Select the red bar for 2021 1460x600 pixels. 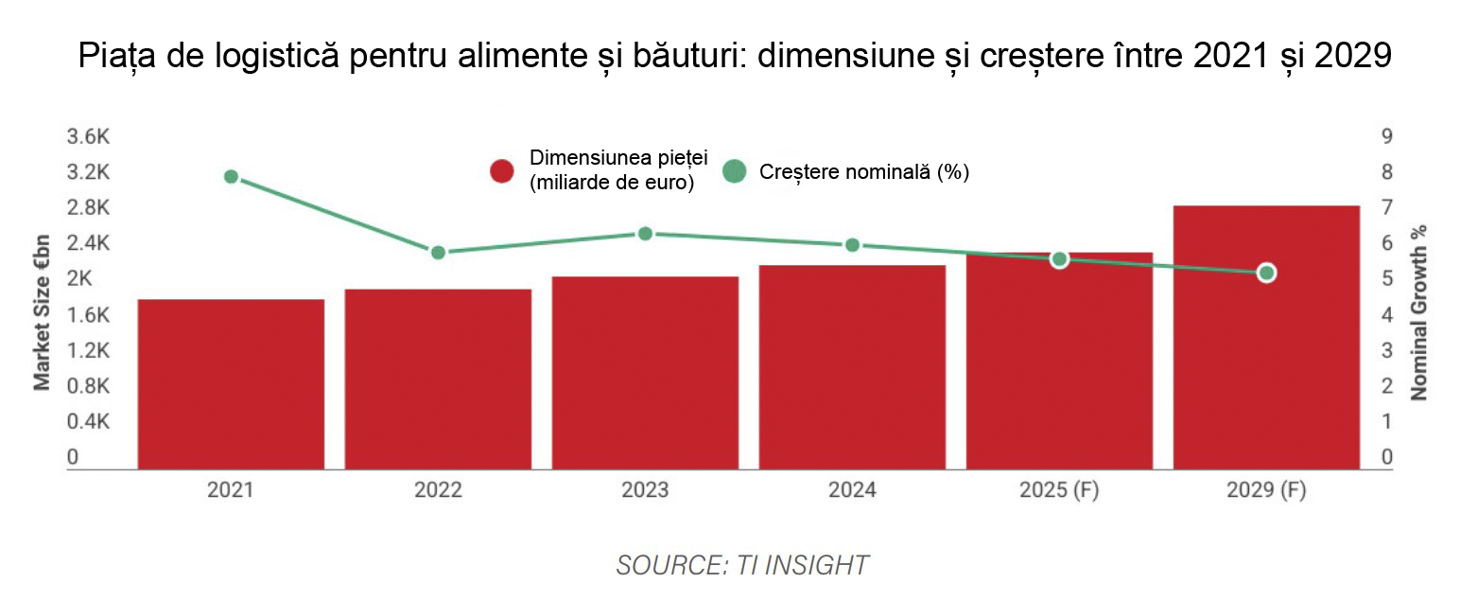[231, 383]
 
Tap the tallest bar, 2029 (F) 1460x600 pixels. [1266, 337]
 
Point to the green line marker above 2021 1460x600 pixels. [231, 177]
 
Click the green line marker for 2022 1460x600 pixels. [438, 253]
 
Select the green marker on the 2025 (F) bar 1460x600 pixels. [1059, 259]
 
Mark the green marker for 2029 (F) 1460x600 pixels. [1266, 273]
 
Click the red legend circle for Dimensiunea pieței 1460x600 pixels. [501, 171]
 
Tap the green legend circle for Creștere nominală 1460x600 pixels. [734, 171]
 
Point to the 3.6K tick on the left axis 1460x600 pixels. [88, 137]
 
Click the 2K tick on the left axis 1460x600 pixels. [79, 279]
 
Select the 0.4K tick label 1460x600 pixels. [88, 422]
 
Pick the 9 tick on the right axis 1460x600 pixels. [1386, 137]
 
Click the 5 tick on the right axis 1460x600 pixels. [1386, 279]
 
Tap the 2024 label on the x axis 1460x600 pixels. [852, 491]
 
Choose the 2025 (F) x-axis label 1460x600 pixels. [1059, 491]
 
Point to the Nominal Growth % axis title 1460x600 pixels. [1417, 312]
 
